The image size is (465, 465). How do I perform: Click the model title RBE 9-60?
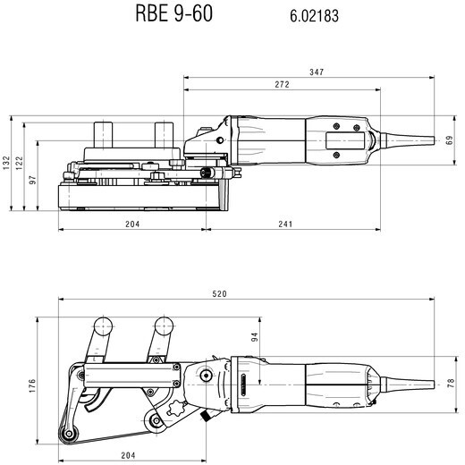click(174, 13)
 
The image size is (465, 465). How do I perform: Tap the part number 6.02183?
click(314, 16)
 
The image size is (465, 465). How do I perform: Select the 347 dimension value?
click(317, 72)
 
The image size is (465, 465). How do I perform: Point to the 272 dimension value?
click(282, 84)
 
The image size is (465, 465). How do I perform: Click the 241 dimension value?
click(285, 224)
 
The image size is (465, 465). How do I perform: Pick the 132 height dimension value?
click(6, 163)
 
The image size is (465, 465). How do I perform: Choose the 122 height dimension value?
click(19, 163)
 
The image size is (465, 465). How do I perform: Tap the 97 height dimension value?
click(32, 180)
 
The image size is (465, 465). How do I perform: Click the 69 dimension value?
click(449, 140)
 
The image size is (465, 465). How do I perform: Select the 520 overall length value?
click(219, 294)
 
